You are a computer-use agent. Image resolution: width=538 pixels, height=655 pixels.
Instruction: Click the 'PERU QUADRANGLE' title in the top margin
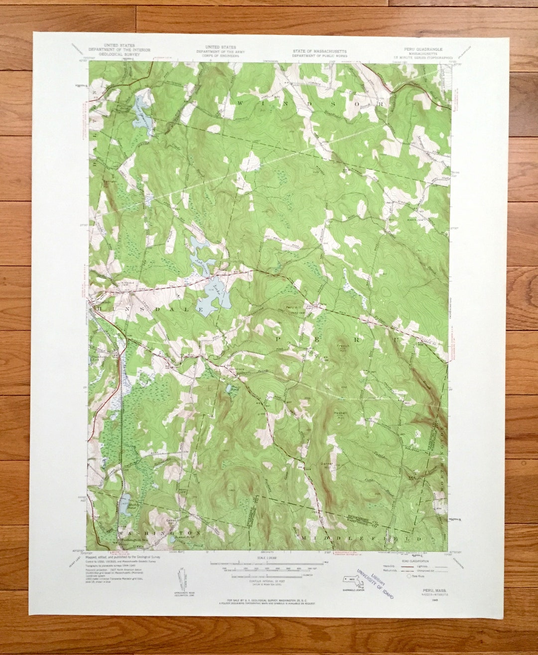point(423,50)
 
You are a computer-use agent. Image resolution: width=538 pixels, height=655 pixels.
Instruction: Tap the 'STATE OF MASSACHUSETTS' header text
point(320,51)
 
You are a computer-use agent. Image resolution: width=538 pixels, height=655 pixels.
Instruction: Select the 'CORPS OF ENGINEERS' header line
point(221,56)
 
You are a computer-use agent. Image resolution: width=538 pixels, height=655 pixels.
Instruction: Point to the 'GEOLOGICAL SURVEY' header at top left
point(120,54)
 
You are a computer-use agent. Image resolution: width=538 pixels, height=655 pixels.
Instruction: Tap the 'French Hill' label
point(343,347)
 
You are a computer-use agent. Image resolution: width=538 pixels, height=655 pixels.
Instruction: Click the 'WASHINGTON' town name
point(160,533)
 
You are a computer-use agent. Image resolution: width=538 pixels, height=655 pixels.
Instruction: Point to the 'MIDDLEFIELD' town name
point(361,539)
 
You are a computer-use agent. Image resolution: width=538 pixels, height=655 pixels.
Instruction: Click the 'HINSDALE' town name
point(149,310)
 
